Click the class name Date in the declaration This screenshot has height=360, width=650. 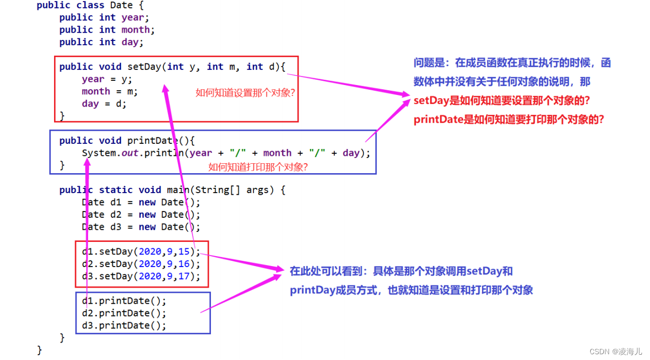point(121,5)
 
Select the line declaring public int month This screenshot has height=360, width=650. point(107,30)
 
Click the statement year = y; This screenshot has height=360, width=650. point(107,79)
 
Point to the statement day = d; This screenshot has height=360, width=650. point(104,104)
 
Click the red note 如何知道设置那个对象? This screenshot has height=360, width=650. point(245,93)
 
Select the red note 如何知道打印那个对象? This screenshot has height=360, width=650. point(258,167)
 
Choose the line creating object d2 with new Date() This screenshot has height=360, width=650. point(141,215)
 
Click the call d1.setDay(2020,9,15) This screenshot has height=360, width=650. point(141,252)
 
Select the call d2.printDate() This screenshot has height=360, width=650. point(124,313)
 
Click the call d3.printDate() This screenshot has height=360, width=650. point(124,326)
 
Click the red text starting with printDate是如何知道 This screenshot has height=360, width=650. point(508,120)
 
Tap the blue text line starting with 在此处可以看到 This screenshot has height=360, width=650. point(401,271)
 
